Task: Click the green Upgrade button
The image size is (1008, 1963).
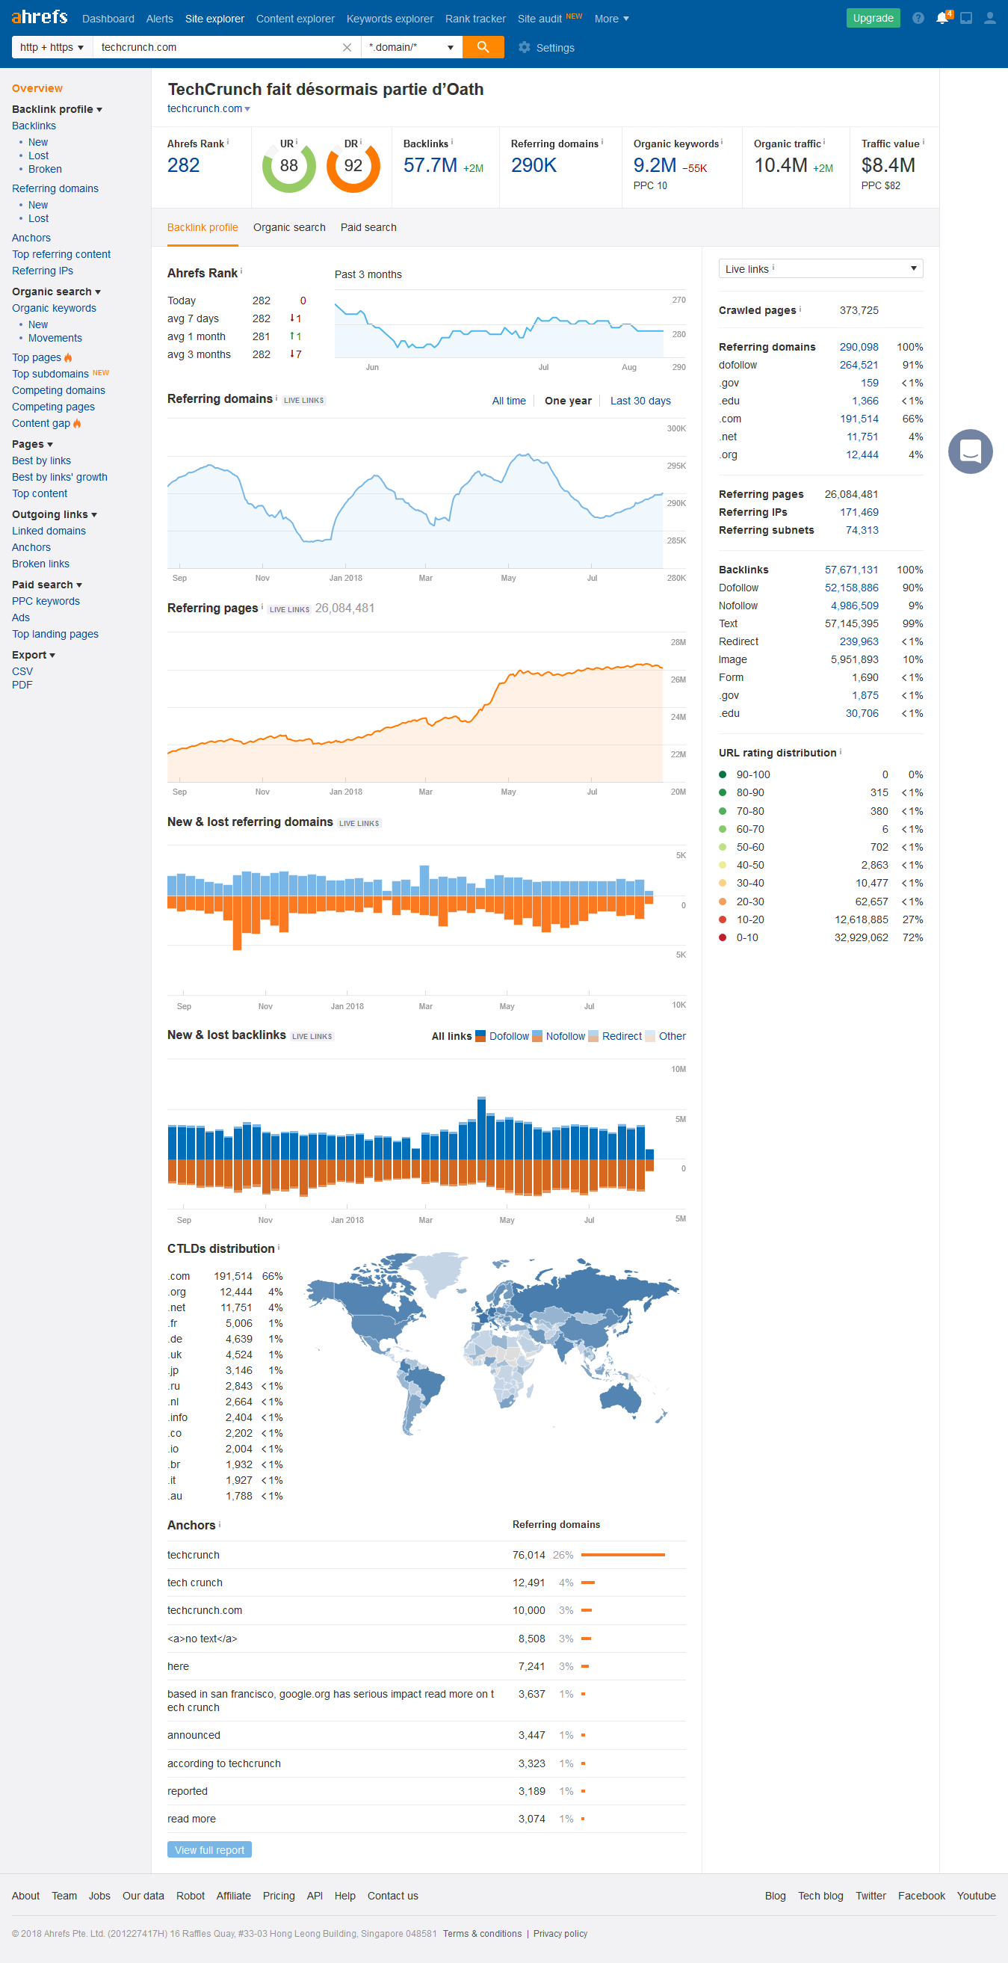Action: point(873,18)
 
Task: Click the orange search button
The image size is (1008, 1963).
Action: point(482,47)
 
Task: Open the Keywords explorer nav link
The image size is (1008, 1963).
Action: point(389,19)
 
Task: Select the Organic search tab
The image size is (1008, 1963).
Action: point(288,227)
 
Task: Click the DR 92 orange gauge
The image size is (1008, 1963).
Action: point(353,167)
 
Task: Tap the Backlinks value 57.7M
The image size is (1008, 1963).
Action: point(430,165)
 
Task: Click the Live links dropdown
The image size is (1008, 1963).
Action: point(820,268)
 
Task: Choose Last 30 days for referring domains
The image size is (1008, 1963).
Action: point(640,401)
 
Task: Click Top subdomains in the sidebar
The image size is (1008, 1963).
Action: point(50,374)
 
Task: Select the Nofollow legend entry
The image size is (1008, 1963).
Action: point(565,1036)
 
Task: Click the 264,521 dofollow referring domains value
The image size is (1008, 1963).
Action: point(858,365)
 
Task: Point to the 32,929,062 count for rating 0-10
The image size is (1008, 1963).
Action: point(860,937)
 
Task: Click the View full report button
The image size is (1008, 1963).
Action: point(208,1849)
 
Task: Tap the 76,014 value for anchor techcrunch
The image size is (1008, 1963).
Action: point(528,1555)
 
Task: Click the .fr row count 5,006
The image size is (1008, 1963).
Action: point(238,1323)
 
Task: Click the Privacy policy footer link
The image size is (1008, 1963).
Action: point(560,1933)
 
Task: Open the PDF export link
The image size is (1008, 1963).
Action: point(22,684)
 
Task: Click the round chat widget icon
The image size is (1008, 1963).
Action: point(969,451)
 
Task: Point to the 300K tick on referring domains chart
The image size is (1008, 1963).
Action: point(675,428)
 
